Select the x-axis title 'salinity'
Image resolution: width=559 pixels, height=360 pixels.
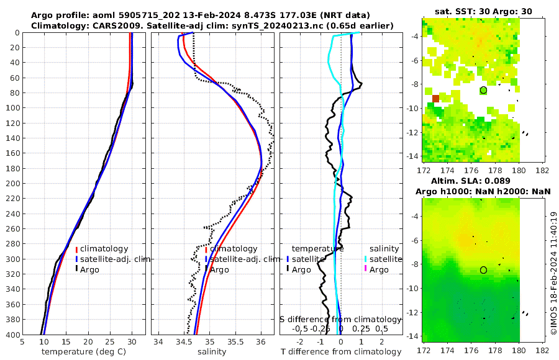[211, 351]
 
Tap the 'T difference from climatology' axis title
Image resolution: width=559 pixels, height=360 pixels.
[341, 352]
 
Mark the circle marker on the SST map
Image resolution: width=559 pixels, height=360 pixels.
[483, 90]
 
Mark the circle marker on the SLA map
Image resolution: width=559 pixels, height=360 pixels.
[483, 270]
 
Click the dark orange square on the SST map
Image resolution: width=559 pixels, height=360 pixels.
[435, 98]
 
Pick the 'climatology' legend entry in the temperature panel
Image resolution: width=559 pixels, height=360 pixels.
[104, 248]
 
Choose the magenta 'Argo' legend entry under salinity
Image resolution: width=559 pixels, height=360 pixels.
[379, 269]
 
